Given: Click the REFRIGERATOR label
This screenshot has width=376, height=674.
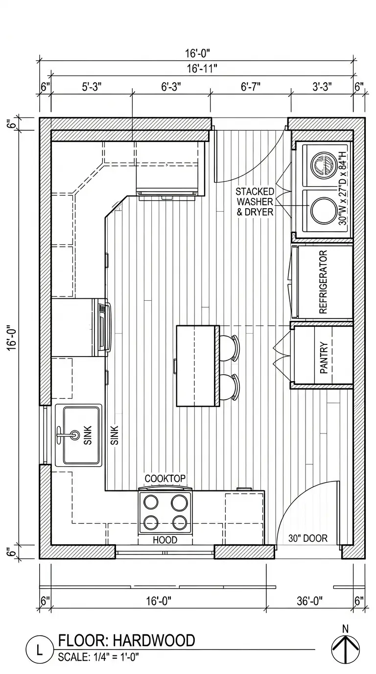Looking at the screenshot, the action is [323, 282].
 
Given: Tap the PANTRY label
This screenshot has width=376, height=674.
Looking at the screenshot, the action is [324, 358].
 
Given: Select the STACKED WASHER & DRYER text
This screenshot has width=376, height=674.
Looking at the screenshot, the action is [255, 202].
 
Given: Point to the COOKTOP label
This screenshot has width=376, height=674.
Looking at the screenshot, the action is [165, 478].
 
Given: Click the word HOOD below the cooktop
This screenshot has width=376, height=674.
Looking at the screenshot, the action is [165, 540].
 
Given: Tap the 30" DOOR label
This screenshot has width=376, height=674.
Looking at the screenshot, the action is [308, 538].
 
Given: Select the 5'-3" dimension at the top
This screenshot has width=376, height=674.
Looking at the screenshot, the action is [92, 87].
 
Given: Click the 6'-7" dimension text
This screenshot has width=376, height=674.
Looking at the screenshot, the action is [250, 87].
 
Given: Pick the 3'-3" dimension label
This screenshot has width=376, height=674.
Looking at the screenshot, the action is [322, 87].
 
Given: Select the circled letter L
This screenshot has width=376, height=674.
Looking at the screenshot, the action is [39, 651].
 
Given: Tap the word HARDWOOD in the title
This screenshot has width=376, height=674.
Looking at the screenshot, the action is [154, 641].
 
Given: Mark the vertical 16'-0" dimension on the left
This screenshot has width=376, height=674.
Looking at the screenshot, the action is [12, 337].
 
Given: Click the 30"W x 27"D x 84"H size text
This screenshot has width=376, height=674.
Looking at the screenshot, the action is [343, 189].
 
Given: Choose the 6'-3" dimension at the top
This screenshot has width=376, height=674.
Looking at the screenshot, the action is [171, 87].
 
